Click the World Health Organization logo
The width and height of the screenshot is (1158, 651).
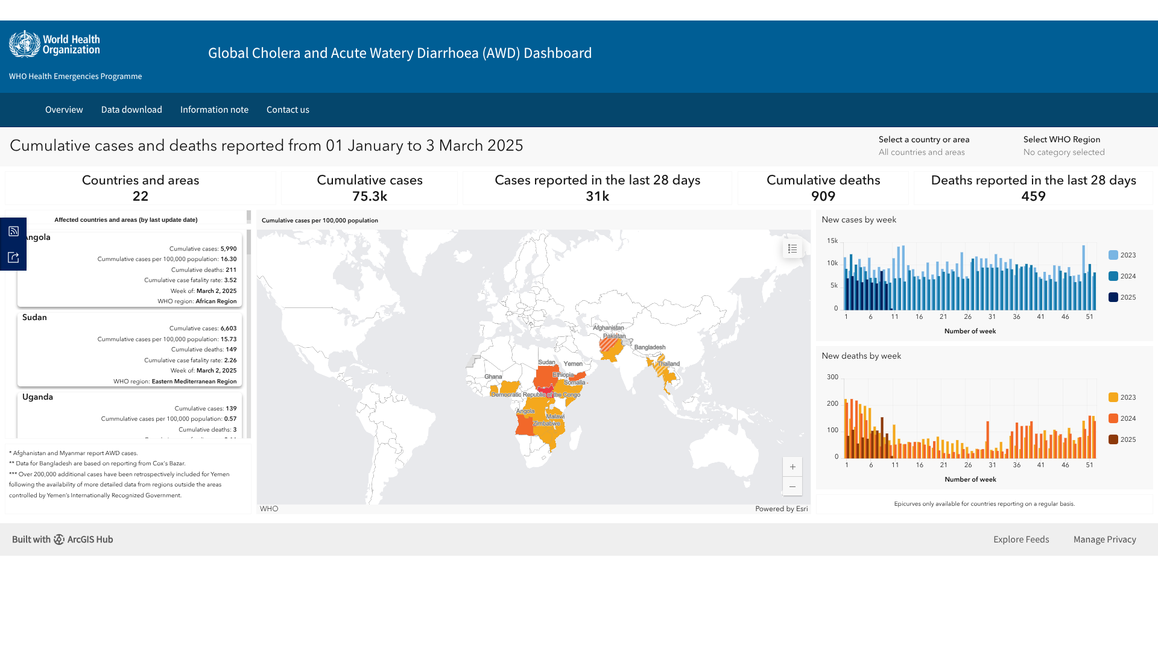click(x=54, y=44)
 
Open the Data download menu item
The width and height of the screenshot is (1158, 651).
click(x=131, y=110)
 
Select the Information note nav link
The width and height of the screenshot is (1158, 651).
click(x=214, y=110)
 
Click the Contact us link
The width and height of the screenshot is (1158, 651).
click(x=288, y=110)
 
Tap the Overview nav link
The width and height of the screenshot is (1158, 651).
click(x=64, y=110)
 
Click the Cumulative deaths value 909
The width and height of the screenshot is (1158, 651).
click(x=823, y=197)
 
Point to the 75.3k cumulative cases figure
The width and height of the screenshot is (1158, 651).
click(x=370, y=197)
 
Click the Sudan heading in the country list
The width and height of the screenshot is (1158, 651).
click(x=34, y=318)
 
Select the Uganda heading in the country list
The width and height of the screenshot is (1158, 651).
click(x=37, y=397)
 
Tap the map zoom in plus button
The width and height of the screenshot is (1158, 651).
click(x=793, y=467)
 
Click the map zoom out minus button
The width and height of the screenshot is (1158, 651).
click(x=793, y=486)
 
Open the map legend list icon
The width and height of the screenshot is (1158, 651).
click(x=793, y=248)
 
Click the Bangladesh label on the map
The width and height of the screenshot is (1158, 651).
click(x=650, y=347)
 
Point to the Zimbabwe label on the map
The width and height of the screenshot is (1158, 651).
click(x=546, y=423)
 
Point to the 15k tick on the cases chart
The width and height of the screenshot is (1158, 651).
click(x=832, y=241)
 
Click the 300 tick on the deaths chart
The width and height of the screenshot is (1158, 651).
click(x=832, y=377)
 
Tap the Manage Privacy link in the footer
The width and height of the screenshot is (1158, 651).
click(x=1104, y=539)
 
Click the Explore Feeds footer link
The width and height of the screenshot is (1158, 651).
click(x=1021, y=539)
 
